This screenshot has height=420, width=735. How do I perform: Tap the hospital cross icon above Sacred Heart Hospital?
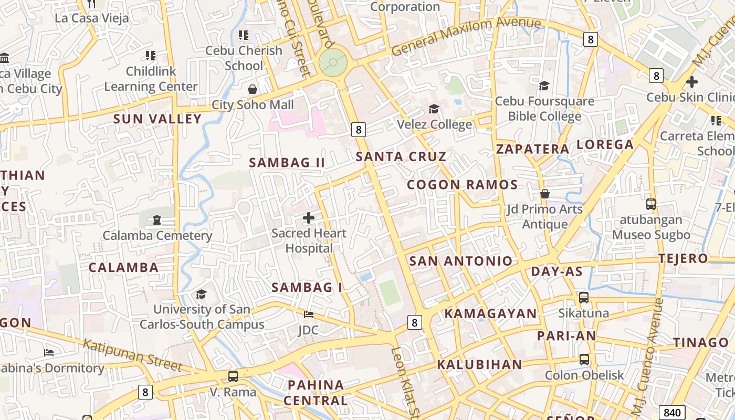[309, 217]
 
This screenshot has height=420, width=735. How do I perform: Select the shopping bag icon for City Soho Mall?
[253, 89]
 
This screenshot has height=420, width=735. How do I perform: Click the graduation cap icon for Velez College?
[434, 109]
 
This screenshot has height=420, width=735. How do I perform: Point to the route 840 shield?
[671, 412]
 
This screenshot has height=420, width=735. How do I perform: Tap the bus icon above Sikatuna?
[584, 298]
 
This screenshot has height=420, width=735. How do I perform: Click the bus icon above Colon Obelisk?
[584, 360]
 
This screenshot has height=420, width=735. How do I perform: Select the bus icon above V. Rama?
[233, 376]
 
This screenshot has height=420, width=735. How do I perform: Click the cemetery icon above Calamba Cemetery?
[156, 220]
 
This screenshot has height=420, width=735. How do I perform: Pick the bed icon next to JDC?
[309, 314]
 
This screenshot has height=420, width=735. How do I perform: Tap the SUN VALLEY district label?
[157, 119]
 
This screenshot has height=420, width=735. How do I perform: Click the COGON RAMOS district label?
[463, 185]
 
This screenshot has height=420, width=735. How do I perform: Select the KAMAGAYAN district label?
[491, 314]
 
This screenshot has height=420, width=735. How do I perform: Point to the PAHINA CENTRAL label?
[316, 393]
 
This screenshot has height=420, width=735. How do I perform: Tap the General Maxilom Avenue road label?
[466, 35]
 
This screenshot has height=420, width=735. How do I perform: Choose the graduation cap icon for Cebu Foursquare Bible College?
[544, 86]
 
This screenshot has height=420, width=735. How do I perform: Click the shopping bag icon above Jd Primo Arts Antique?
[545, 194]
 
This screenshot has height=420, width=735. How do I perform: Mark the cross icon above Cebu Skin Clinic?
[692, 82]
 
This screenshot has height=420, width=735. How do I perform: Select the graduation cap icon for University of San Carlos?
[201, 294]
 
